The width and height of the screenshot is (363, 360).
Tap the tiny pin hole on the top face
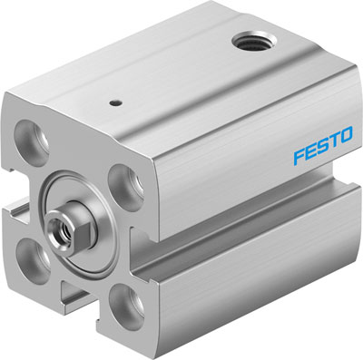click(x=115, y=103)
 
